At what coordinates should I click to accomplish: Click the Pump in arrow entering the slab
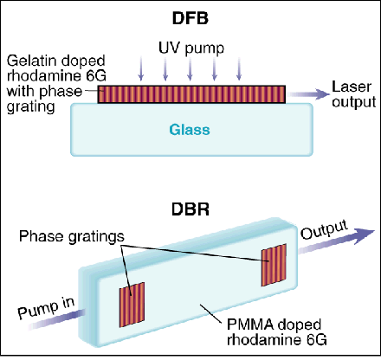52,322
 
